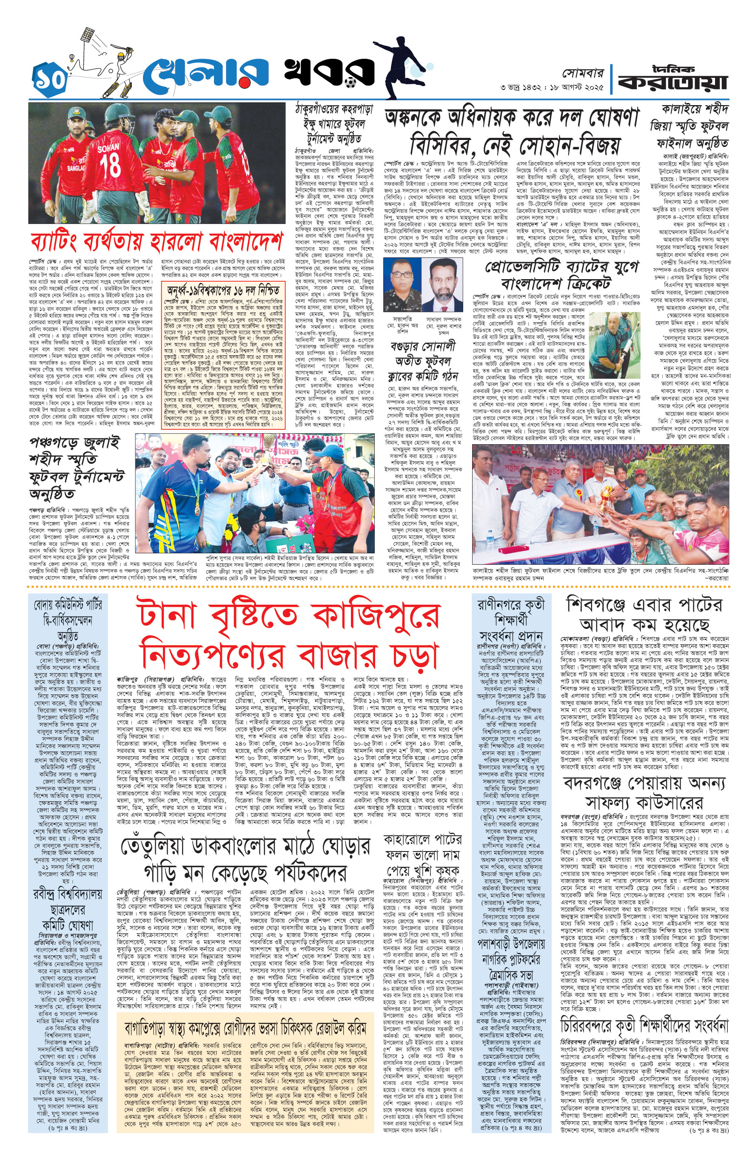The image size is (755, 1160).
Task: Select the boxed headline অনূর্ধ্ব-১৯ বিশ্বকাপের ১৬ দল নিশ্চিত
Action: click(x=224, y=291)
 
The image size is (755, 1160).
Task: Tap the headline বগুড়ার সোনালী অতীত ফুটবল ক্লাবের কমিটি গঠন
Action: click(x=423, y=361)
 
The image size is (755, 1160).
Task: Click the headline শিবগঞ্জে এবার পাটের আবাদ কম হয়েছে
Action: click(x=645, y=614)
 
